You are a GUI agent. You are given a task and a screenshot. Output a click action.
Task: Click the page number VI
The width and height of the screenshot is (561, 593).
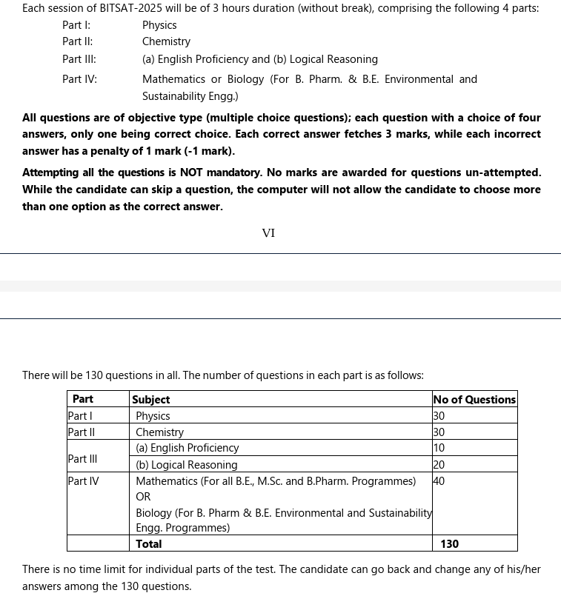point(268,233)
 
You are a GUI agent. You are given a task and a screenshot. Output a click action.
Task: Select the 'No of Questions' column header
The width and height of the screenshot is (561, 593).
point(474,400)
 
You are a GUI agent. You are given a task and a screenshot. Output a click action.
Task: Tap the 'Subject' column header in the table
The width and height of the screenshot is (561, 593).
point(151,400)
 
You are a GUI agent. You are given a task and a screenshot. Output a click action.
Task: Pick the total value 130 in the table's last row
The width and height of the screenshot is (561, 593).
point(449,544)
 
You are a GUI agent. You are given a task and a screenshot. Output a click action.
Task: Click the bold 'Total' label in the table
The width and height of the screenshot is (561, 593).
point(149,544)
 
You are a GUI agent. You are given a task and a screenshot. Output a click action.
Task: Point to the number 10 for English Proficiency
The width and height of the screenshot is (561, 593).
point(439,448)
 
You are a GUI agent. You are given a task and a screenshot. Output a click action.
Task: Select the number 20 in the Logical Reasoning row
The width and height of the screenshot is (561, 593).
point(439,465)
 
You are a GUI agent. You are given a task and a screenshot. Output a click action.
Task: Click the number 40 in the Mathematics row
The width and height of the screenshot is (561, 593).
point(439,481)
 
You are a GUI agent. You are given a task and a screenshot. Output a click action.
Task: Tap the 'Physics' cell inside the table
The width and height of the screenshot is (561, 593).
point(153,416)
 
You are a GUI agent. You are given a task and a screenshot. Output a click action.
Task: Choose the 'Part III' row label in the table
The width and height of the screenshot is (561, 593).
point(82,459)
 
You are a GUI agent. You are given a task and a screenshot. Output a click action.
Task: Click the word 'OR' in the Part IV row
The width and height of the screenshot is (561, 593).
point(143,497)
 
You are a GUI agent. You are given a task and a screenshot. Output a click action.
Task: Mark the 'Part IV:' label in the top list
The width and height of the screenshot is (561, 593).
point(79,79)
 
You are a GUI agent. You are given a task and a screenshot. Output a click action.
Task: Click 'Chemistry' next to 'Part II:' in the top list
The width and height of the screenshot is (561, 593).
point(166,42)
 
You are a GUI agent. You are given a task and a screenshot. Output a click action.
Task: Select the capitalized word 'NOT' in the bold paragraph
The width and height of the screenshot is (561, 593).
point(191,172)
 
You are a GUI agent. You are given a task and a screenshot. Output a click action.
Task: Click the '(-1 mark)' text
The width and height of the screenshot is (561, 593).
point(209,151)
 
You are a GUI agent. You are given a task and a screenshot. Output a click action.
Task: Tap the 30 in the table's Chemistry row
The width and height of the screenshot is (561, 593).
point(439,432)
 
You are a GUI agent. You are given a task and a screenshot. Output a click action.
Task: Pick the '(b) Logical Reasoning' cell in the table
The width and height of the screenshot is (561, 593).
point(187,465)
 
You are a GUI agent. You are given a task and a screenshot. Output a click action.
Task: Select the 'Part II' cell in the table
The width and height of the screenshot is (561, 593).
point(81,432)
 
